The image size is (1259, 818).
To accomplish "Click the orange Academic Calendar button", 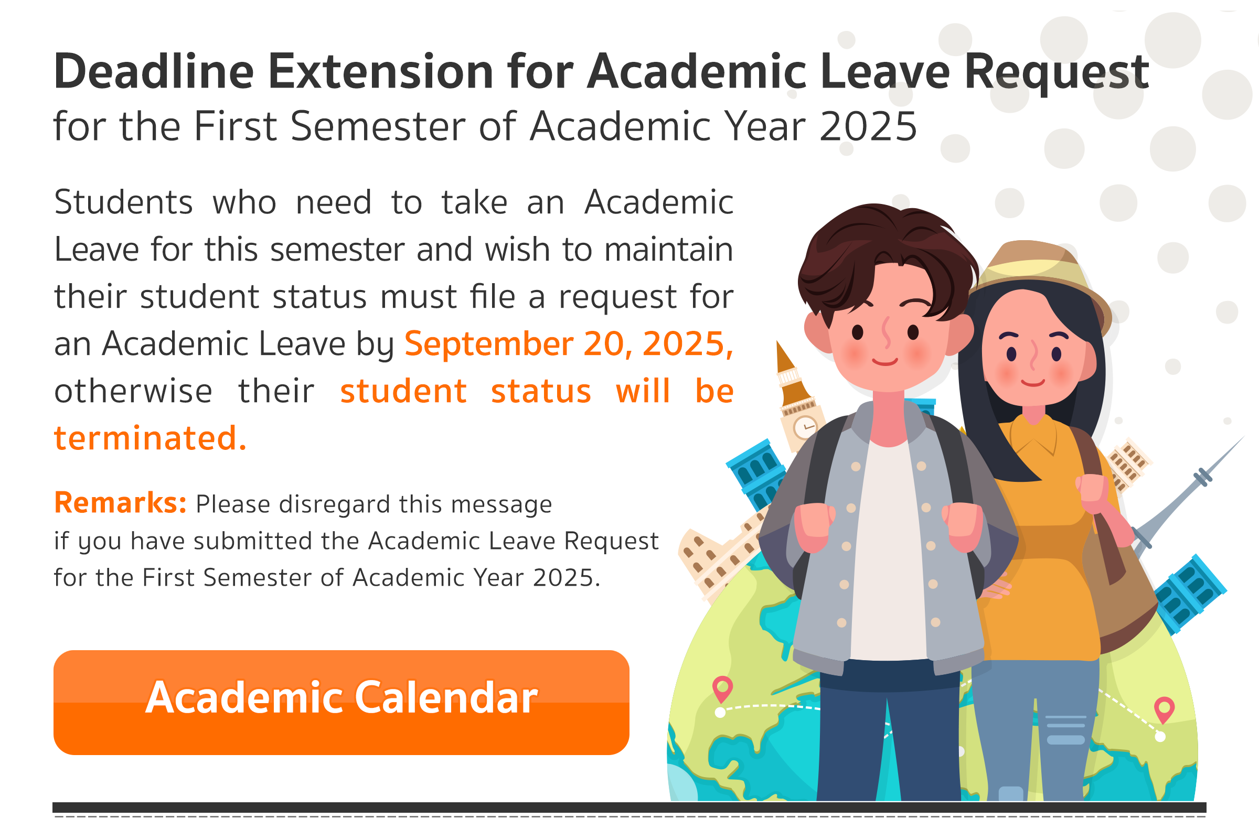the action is [341, 702].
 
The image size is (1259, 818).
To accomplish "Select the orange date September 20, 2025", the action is [569, 343].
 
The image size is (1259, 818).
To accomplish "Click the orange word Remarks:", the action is [120, 502].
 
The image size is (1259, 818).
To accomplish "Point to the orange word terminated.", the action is [150, 438].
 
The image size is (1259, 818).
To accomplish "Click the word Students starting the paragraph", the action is [123, 202].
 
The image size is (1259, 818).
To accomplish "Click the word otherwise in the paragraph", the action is [133, 391].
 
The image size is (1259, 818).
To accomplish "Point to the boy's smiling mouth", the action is [884, 362].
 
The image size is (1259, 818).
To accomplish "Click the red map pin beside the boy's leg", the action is [722, 688].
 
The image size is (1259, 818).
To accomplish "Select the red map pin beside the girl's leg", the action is [1164, 709].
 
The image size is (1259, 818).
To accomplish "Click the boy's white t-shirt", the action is [889, 550].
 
